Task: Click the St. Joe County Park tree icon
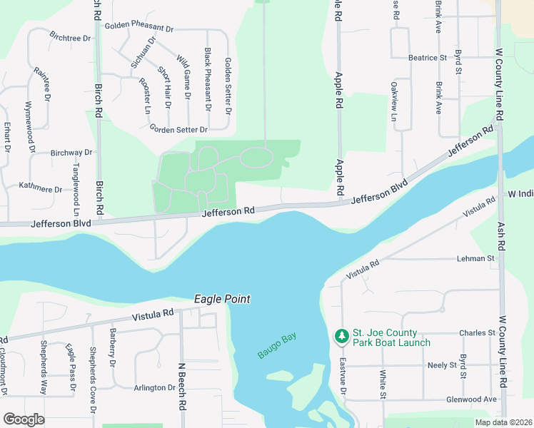(x=342, y=335)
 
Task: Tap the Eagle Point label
(x=222, y=300)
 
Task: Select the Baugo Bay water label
(x=277, y=346)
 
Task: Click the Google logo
(x=24, y=419)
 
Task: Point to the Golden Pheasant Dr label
(x=139, y=27)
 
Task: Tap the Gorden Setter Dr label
(x=178, y=129)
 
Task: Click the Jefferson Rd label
(x=228, y=212)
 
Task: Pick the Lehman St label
(x=480, y=258)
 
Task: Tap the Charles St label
(x=477, y=333)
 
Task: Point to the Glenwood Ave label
(x=470, y=399)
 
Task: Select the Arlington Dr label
(x=154, y=388)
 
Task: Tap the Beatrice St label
(x=427, y=57)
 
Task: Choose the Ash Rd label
(x=502, y=234)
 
